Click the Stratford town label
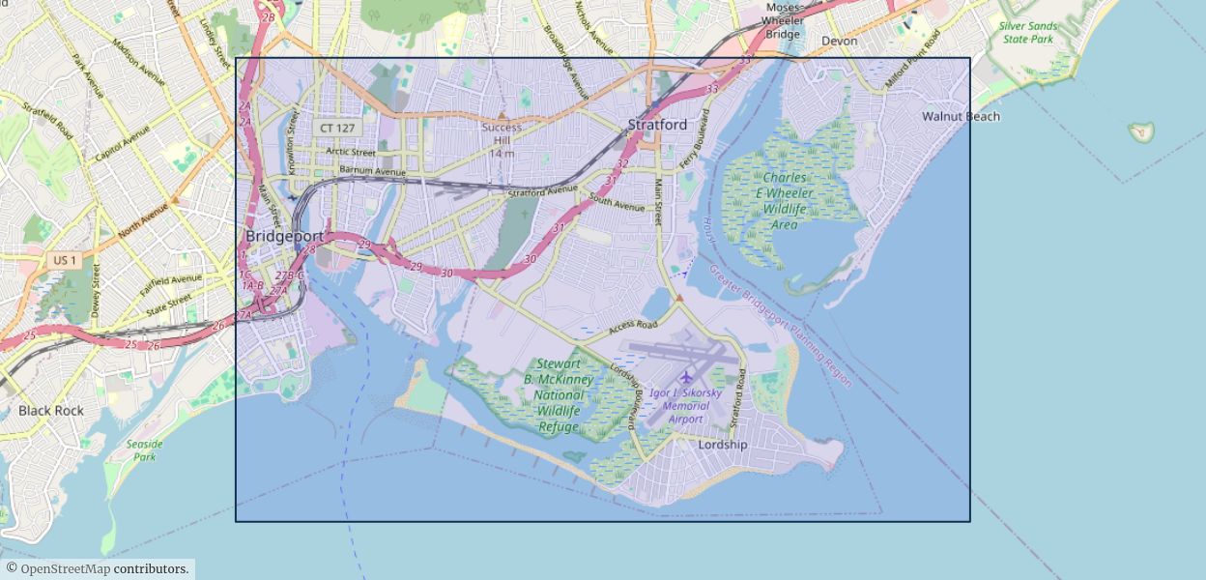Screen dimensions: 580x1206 (x=657, y=125)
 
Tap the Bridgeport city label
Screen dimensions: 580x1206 (x=284, y=236)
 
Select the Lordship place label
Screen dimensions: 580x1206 (x=723, y=445)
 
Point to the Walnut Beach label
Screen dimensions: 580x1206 (x=961, y=116)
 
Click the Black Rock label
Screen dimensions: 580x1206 (x=51, y=410)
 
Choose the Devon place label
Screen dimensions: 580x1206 (x=839, y=41)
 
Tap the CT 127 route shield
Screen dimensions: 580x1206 (x=337, y=128)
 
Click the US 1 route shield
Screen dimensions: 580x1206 (x=65, y=260)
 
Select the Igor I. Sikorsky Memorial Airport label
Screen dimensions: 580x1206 (x=685, y=406)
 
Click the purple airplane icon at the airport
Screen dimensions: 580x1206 (x=686, y=376)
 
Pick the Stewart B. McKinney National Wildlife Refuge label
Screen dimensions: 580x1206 (x=559, y=395)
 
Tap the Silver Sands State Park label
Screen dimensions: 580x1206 (x=1028, y=33)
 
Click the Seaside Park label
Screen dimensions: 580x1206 (x=145, y=450)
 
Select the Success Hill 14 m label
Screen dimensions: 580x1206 (x=502, y=140)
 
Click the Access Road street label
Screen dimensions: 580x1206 (x=633, y=328)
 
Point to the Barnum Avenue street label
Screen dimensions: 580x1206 (x=372, y=171)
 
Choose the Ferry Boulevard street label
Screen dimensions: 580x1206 (x=694, y=145)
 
